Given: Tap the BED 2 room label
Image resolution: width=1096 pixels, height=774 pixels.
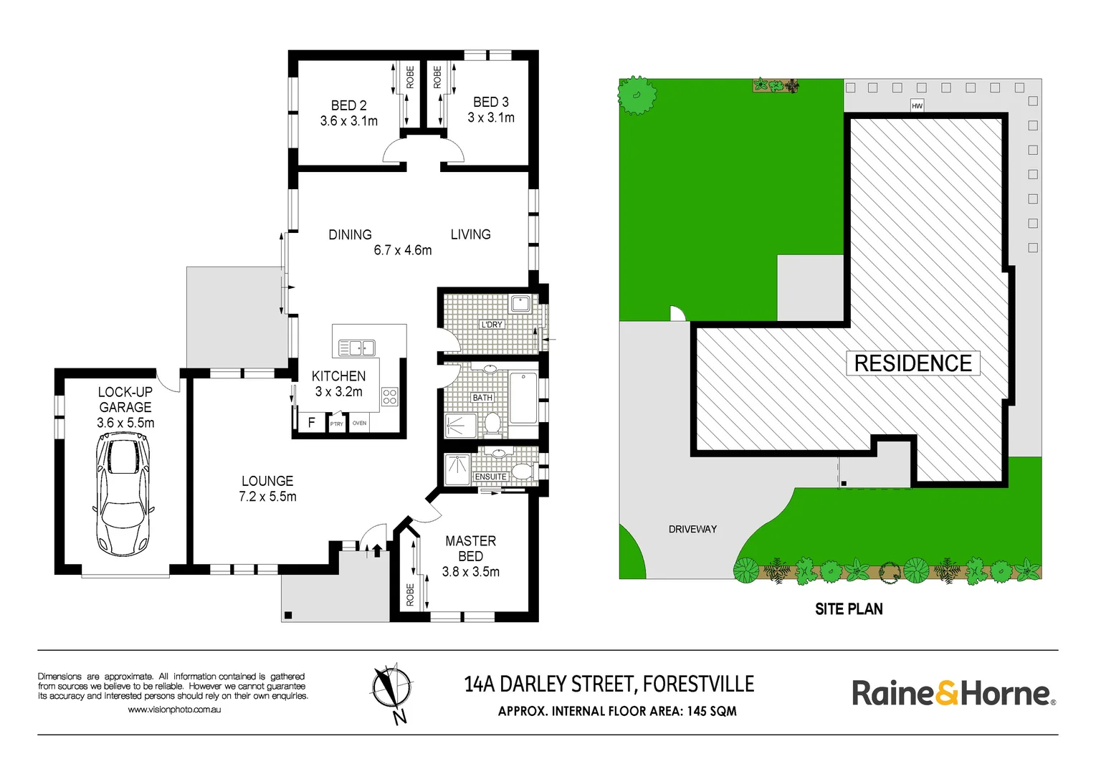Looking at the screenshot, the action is tap(348, 105).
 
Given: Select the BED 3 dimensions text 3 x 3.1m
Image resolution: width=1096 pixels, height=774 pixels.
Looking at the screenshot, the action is tap(491, 118).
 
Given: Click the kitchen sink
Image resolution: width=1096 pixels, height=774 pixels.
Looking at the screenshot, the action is tap(357, 348).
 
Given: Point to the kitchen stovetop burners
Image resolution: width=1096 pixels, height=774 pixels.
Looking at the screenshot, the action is tap(390, 396).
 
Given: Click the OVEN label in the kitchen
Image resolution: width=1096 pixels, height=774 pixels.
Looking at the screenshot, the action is tap(359, 424).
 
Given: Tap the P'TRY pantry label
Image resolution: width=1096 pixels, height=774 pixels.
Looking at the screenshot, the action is tap(337, 424).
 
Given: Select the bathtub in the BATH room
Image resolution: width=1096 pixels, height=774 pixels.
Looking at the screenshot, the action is tap(523, 397).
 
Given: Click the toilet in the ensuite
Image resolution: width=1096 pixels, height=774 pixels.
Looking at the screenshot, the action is tap(523, 472).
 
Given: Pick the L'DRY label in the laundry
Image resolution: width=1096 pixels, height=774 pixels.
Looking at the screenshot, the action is tap(492, 325).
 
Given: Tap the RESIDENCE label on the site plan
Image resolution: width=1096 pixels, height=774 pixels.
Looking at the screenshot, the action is tap(913, 363).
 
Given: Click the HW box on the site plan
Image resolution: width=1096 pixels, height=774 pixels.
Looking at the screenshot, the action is tap(917, 105).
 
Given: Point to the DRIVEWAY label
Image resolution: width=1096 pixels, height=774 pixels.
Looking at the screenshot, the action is tap(692, 529).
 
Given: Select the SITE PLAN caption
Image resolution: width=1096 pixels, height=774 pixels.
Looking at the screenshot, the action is tap(849, 608).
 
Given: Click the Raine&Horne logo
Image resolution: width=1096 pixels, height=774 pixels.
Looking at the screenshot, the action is tap(954, 693).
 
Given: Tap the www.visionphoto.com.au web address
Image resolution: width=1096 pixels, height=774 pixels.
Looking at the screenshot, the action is tap(174, 709).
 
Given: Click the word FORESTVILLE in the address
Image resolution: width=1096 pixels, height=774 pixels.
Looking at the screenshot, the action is tap(698, 684).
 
